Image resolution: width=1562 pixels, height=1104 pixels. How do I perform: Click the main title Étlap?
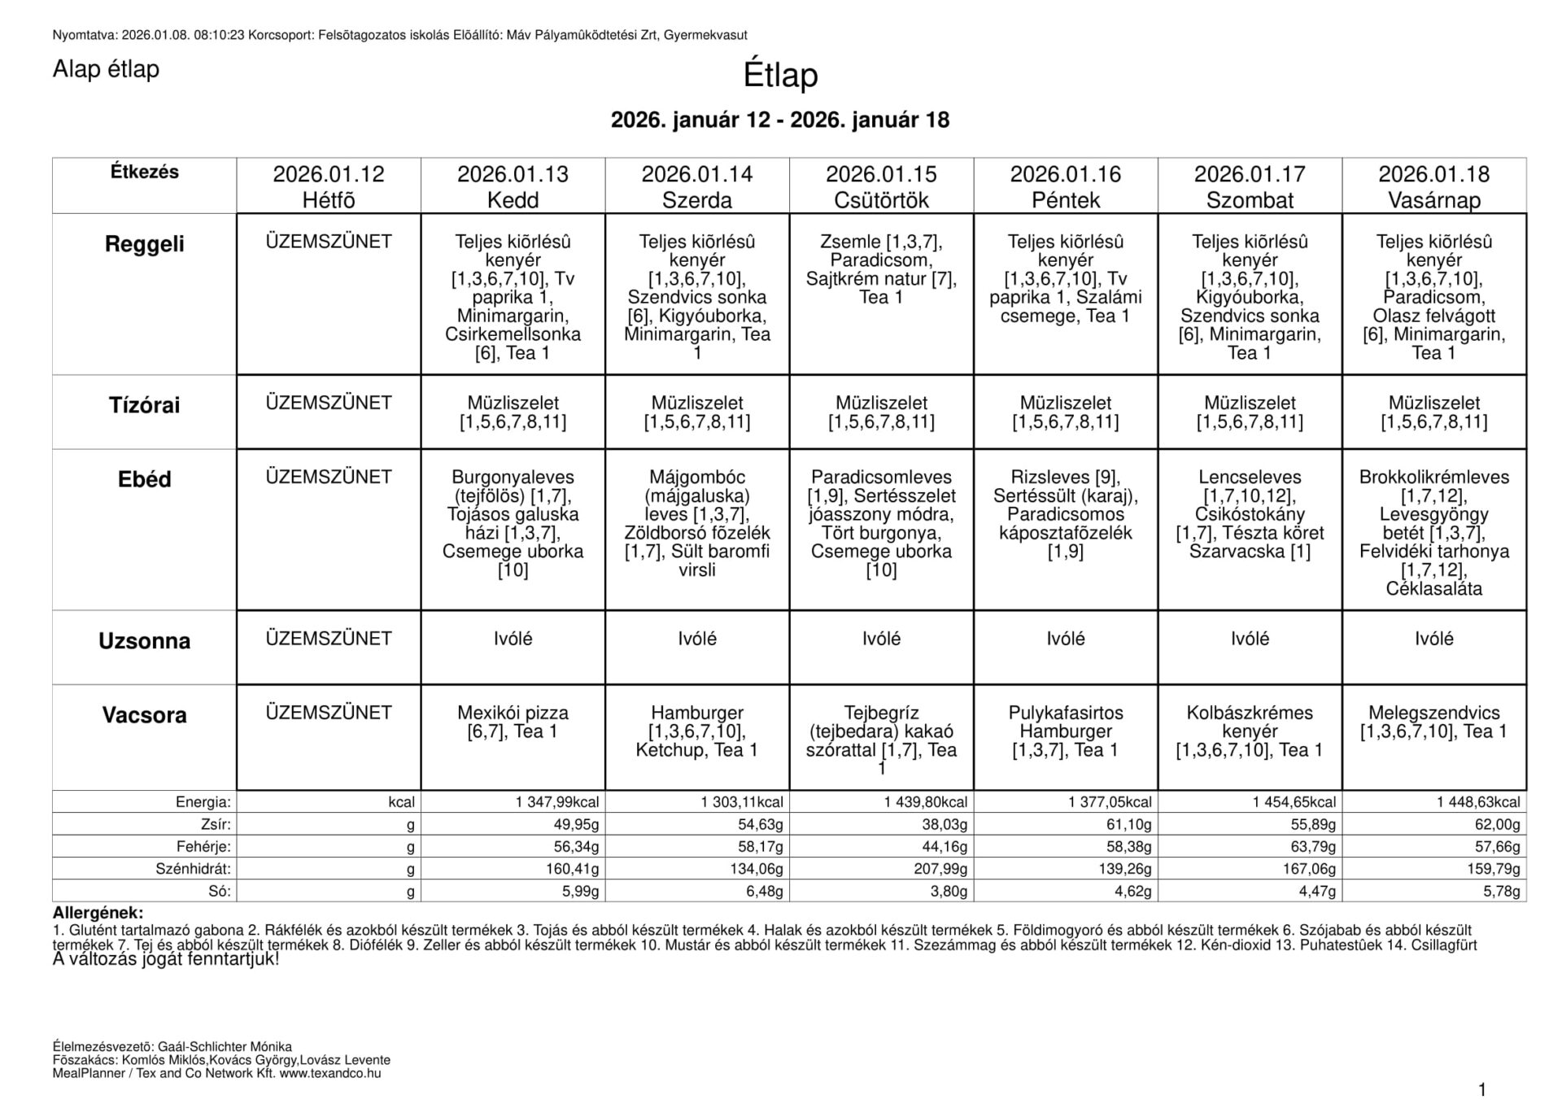[x=779, y=76]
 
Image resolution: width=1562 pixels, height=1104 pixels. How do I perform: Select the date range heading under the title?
[x=779, y=120]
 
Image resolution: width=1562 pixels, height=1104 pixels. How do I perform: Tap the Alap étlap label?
[x=106, y=70]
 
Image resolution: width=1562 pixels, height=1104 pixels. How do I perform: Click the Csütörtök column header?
[x=881, y=186]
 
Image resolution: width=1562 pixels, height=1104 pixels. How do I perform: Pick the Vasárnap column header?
[x=1433, y=186]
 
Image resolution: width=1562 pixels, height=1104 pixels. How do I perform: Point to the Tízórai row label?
[x=144, y=405]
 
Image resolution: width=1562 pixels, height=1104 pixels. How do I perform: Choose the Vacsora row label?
[x=144, y=715]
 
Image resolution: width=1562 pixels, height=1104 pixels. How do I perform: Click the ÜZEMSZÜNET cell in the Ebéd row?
[x=329, y=477]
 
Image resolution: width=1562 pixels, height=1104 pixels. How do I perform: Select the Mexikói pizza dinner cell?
[x=513, y=722]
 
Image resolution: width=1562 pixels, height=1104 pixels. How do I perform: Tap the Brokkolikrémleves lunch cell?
[x=1433, y=532]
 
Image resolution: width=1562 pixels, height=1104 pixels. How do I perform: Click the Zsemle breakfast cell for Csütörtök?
[x=881, y=269]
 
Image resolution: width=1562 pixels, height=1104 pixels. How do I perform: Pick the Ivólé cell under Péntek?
[x=1065, y=639]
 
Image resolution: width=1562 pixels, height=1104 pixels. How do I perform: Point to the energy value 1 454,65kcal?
[x=1294, y=802]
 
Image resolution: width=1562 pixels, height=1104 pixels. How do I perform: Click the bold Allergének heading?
[x=98, y=914]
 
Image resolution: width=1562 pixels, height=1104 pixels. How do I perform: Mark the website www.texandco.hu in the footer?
[x=330, y=1073]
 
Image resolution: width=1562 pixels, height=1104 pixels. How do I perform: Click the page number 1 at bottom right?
[x=1481, y=1089]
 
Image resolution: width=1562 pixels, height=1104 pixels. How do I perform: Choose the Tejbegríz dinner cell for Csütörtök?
[x=881, y=740]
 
